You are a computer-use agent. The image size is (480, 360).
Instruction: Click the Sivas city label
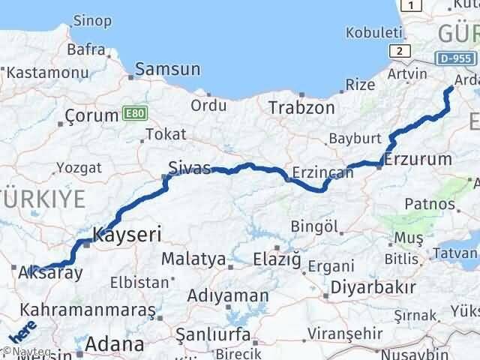coord(190,168)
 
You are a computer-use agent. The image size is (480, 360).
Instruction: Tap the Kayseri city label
coord(127,235)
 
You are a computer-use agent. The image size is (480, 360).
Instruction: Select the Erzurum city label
coord(418,159)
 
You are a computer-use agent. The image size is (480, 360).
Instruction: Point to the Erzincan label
coord(322,172)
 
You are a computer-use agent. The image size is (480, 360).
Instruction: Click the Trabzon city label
coord(301,107)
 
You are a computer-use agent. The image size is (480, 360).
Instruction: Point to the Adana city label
coord(115,345)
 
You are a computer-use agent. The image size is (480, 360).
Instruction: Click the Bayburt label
coord(355,139)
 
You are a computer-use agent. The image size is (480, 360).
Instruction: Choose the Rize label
coord(359,85)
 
